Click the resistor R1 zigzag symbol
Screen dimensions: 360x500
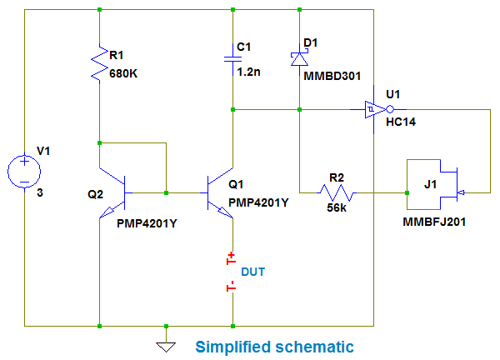[x=99, y=63]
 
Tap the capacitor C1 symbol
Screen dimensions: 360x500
[x=232, y=58]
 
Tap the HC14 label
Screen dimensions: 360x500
[x=402, y=122]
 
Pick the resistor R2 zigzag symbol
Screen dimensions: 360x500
[x=337, y=193]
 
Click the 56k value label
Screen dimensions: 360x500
[x=337, y=209]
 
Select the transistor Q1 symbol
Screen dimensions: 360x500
[x=222, y=193]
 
